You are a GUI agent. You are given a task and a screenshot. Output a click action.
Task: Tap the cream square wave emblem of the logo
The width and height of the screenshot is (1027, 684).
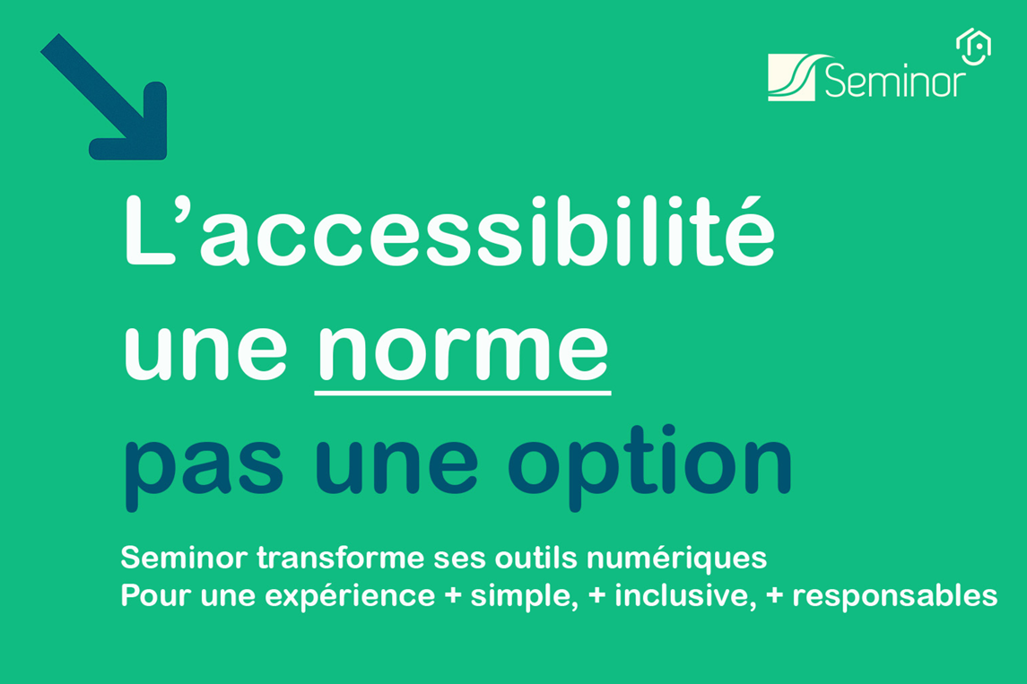(791, 77)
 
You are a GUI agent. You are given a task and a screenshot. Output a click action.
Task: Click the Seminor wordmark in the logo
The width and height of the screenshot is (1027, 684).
(894, 80)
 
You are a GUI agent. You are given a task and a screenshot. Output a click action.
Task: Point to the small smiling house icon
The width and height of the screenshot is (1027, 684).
(973, 47)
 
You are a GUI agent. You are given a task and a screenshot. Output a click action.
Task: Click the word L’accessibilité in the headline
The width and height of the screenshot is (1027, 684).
(449, 231)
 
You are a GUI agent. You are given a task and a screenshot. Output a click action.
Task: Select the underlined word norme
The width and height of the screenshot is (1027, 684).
(463, 351)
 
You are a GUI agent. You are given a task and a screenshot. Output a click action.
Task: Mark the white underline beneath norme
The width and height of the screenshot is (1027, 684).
(463, 392)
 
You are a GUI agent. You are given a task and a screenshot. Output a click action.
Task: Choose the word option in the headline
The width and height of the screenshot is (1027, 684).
(649, 467)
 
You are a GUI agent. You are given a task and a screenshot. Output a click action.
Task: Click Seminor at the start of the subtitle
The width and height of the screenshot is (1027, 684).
(184, 558)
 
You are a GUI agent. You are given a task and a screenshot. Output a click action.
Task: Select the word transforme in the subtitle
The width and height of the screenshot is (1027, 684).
(341, 558)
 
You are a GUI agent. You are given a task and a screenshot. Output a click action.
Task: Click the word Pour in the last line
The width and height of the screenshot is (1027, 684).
(156, 595)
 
